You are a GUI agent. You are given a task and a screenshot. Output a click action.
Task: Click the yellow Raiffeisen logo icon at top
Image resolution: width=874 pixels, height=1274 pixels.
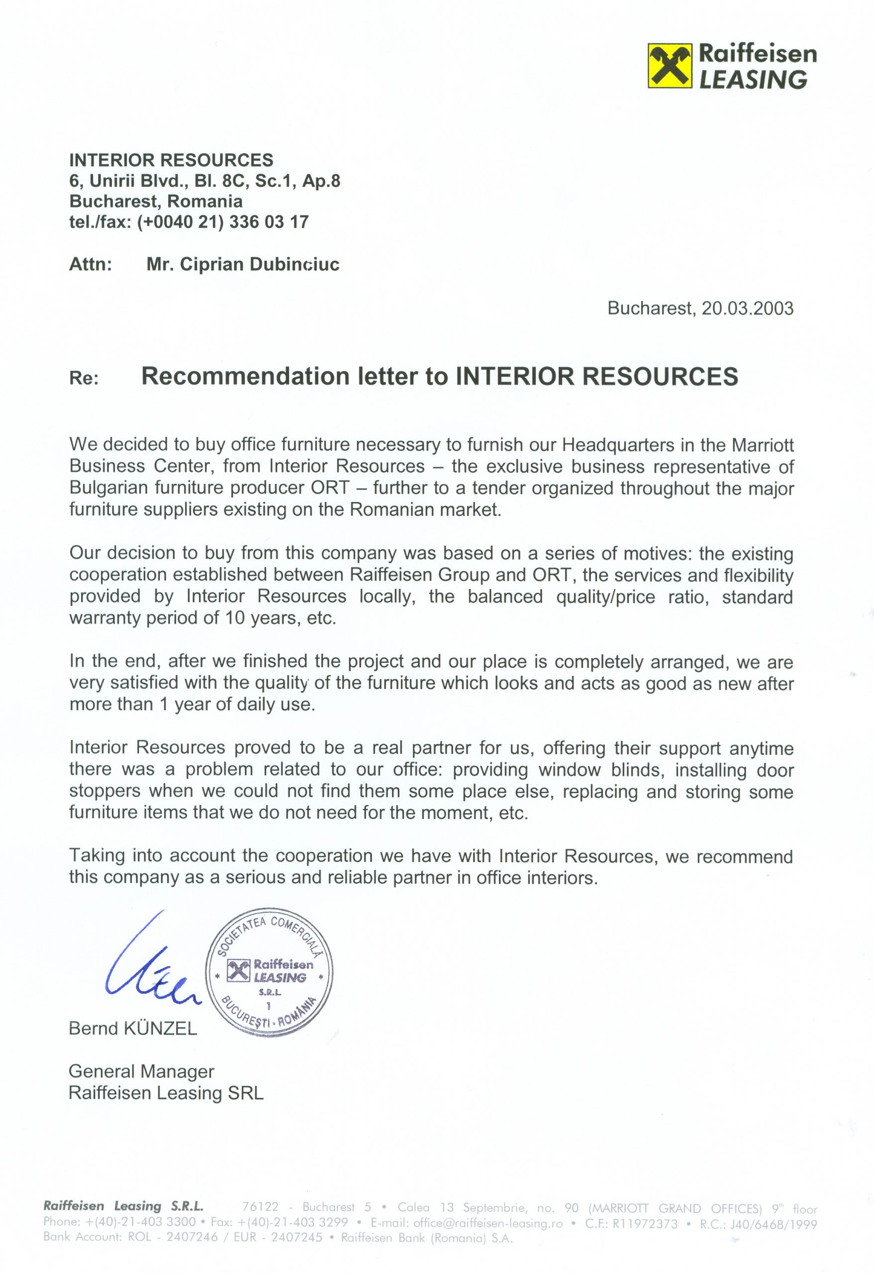pos(670,66)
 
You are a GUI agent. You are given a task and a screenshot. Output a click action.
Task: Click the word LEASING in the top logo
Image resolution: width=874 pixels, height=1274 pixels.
pos(753,80)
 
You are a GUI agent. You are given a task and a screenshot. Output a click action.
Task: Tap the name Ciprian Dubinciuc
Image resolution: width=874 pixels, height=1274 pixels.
pos(243,264)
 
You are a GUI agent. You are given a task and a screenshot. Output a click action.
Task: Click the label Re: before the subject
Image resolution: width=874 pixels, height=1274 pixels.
pos(84,378)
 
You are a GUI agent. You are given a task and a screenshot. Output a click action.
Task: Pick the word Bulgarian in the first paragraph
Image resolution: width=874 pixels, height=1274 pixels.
pos(108,487)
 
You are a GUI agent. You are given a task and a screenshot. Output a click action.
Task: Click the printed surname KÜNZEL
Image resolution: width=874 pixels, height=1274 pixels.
pos(161,1029)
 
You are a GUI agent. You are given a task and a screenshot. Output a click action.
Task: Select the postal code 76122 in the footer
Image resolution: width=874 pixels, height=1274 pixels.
pos(260,1207)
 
